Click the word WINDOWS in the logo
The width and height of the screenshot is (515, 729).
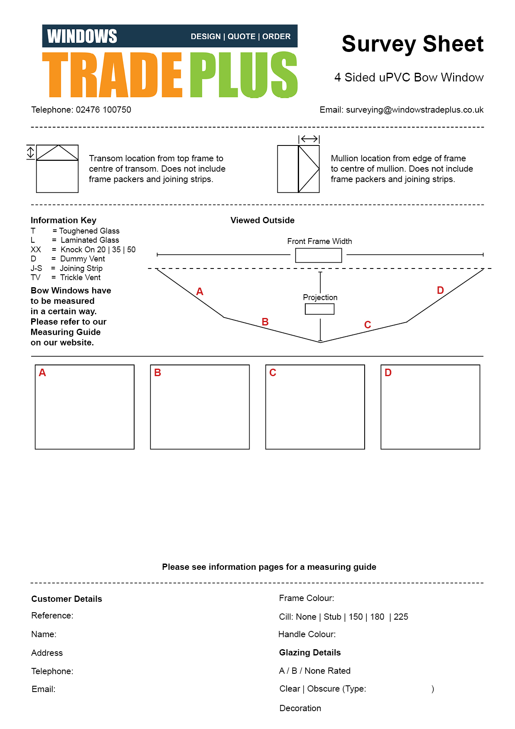(82, 36)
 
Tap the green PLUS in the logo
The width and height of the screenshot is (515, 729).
(244, 75)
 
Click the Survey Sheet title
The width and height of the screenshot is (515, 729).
(412, 44)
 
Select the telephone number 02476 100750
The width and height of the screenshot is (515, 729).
(103, 110)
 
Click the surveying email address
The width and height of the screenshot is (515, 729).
(414, 110)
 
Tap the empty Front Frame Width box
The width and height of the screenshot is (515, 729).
(319, 255)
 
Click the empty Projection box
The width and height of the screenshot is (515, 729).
(319, 309)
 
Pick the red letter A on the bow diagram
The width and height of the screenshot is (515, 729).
(200, 292)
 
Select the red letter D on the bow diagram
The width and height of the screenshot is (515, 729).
(440, 290)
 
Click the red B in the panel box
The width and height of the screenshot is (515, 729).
(157, 373)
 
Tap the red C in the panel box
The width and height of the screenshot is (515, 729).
(272, 373)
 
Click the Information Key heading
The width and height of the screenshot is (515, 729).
(64, 220)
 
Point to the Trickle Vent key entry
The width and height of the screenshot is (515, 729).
(80, 278)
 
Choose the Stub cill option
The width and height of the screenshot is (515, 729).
(332, 617)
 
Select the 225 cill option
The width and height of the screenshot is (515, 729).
(401, 617)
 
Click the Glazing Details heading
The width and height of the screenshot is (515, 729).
(310, 653)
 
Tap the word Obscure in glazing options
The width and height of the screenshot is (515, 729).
(323, 689)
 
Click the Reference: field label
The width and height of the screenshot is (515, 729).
(52, 616)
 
